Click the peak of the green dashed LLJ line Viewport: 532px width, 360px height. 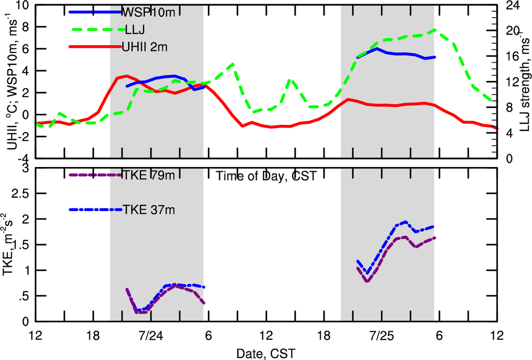pyautogui.click(x=436, y=30)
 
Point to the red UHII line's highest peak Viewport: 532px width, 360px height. pyautogui.click(x=126, y=76)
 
